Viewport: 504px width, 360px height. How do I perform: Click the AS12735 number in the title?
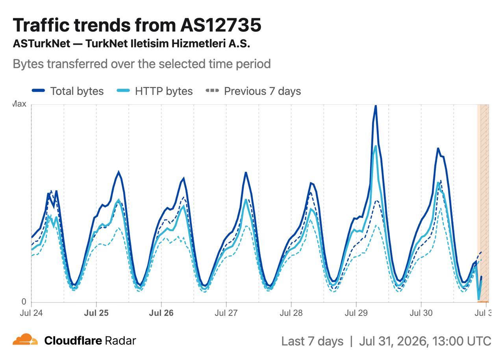click(220, 25)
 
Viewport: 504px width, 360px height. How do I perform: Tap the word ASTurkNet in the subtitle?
click(42, 43)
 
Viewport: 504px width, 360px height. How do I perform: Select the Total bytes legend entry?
click(67, 91)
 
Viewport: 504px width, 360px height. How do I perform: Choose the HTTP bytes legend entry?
click(155, 91)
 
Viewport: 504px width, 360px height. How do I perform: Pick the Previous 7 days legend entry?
click(253, 91)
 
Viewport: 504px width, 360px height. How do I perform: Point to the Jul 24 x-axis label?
click(31, 313)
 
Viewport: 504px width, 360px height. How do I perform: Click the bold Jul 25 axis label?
click(96, 313)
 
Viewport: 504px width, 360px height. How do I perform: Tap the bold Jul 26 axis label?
click(161, 313)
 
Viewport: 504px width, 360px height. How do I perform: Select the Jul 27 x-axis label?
click(226, 313)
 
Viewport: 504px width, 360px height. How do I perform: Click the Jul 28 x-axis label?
click(291, 313)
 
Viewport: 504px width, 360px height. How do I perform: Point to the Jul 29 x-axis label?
click(356, 313)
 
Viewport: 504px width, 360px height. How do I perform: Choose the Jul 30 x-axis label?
click(421, 313)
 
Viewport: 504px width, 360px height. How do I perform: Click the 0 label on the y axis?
click(24, 301)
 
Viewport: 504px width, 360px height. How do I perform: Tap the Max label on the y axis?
click(19, 104)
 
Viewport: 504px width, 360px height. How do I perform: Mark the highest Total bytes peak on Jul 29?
click(376, 106)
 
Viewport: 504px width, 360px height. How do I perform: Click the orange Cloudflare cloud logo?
click(25, 339)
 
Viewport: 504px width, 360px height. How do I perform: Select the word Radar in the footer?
click(120, 341)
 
